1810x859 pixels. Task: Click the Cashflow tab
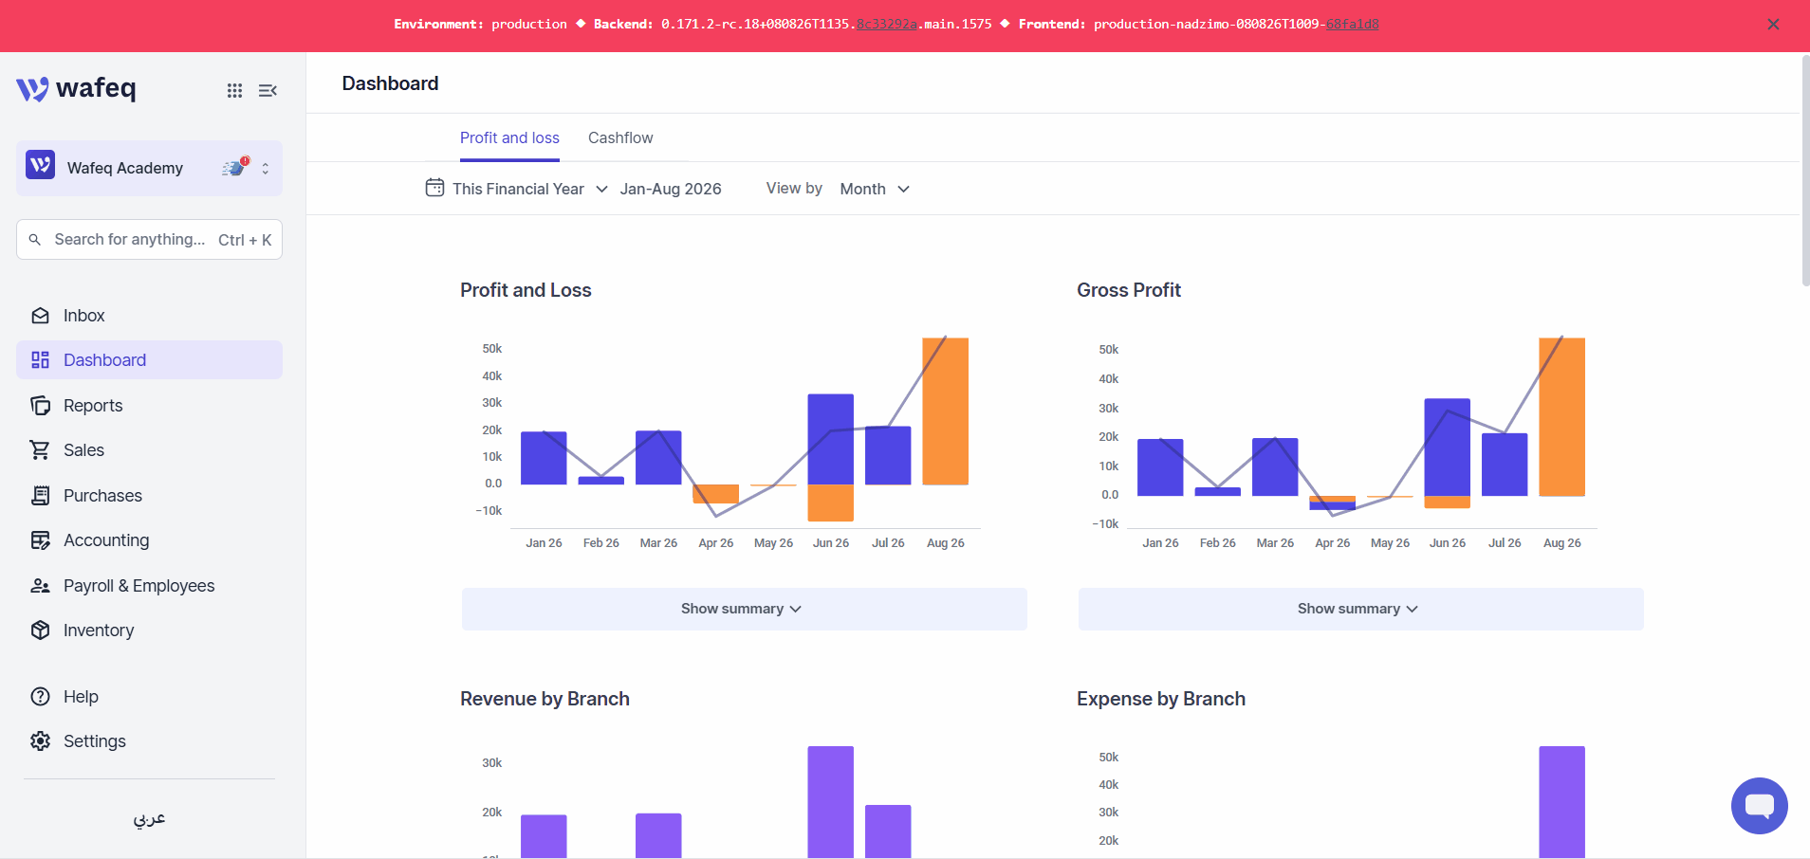tap(620, 137)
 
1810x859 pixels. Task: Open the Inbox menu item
tap(83, 316)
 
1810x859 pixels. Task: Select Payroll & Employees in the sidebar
tap(139, 586)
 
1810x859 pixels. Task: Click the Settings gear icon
tap(40, 741)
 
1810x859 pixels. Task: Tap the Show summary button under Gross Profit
tap(1360, 609)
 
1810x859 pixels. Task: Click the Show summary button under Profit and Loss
tap(744, 609)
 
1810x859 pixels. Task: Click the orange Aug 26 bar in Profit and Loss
tap(945, 411)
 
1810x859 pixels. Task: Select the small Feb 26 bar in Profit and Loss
tap(601, 481)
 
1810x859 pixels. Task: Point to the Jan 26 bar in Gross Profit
tap(1160, 467)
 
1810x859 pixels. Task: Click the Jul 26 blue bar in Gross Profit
tap(1505, 465)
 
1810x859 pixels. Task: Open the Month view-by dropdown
tap(875, 189)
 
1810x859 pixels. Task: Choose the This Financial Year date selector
tap(517, 189)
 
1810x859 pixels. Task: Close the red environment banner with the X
tap(1773, 25)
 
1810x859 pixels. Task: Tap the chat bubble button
tap(1759, 806)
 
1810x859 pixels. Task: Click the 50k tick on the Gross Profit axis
tap(1108, 350)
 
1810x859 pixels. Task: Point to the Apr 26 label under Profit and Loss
tap(715, 543)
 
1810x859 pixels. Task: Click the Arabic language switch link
tap(149, 818)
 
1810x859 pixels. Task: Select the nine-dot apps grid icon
tap(234, 90)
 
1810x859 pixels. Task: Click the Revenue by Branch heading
tap(545, 699)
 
